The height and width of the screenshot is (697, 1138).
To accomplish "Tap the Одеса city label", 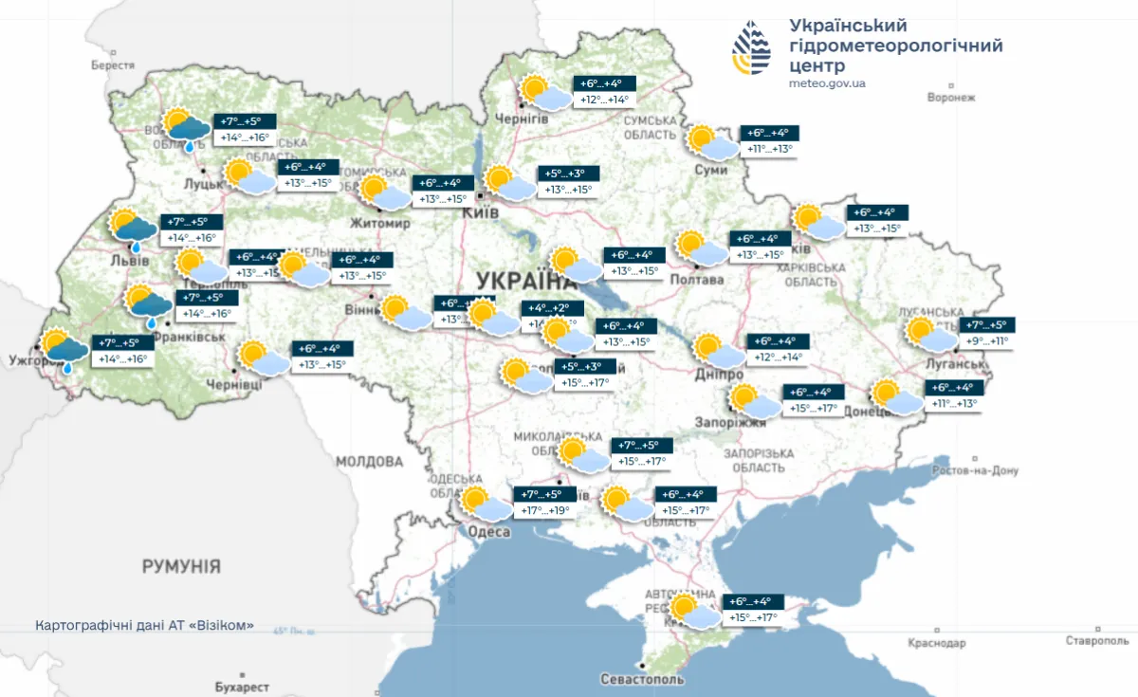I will click(x=489, y=532).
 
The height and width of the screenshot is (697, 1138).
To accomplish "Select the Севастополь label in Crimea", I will click(x=642, y=680).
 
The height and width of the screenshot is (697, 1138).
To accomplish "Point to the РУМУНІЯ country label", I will click(x=181, y=567).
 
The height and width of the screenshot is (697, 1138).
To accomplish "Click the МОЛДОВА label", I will click(x=369, y=462).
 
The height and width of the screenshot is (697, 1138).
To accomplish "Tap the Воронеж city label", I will click(x=951, y=98).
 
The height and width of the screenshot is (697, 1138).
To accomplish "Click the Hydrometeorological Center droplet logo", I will click(x=751, y=47).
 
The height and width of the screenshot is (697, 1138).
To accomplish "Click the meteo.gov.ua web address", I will click(x=826, y=83).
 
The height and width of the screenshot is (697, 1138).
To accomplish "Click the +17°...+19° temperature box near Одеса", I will click(x=544, y=510).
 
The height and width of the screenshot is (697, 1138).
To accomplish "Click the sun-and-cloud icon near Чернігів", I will click(x=543, y=93).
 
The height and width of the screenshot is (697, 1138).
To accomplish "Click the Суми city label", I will click(x=710, y=170).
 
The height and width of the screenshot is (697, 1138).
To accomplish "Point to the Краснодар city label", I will click(x=935, y=643).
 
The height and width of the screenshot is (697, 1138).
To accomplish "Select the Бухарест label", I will click(x=242, y=687).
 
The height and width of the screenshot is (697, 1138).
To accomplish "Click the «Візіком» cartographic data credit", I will click(x=145, y=626).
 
